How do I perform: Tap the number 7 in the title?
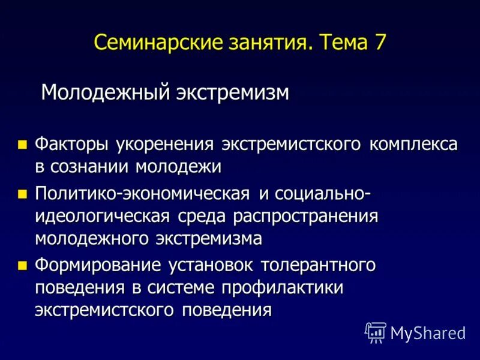(x=379, y=43)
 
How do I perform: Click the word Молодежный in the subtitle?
(x=104, y=92)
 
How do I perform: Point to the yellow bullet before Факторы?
(x=23, y=145)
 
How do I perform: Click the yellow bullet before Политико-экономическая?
(x=23, y=194)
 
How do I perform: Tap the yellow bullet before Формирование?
(x=23, y=265)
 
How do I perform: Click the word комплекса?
(x=414, y=145)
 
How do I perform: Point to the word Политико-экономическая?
(x=142, y=194)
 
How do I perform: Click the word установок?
(x=220, y=265)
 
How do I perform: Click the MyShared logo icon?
(x=376, y=332)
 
